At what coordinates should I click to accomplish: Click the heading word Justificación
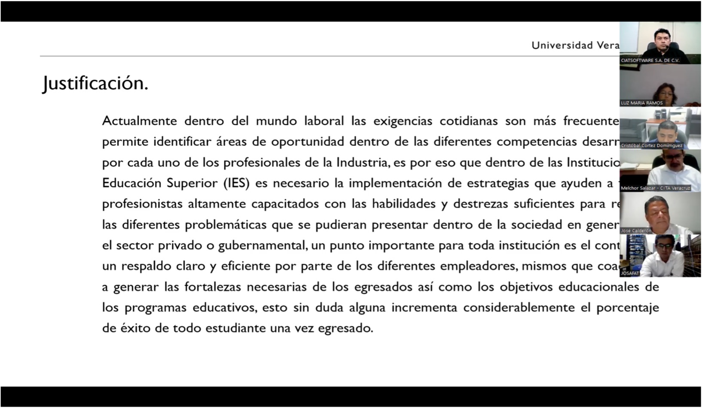pos(95,83)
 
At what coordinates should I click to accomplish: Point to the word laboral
pos(324,121)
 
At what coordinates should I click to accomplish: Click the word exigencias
pos(403,121)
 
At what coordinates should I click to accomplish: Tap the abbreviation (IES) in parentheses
pos(236,183)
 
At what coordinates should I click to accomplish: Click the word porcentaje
pos(627,308)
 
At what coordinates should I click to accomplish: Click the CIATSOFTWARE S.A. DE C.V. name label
pos(650,61)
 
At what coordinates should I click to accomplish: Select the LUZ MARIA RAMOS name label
pos(641,103)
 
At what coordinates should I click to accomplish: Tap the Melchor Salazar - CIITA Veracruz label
pos(655,188)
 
